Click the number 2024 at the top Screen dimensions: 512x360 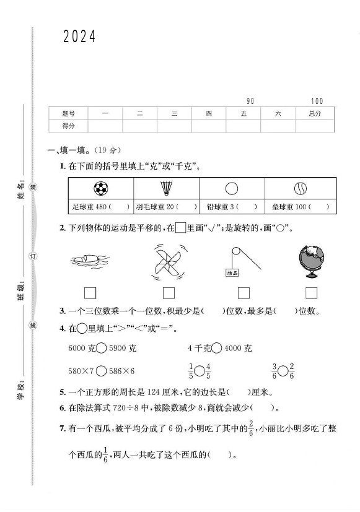[79, 37]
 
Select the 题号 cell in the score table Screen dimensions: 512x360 [68, 113]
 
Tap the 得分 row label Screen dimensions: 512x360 [68, 126]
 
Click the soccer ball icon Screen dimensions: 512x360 [100, 188]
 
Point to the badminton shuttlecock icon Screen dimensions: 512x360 [167, 188]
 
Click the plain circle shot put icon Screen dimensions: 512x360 [232, 188]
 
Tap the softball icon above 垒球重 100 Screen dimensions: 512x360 [300, 188]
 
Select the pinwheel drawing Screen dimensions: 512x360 [168, 263]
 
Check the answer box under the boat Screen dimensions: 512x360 [90, 293]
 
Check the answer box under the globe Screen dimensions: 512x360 [311, 293]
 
